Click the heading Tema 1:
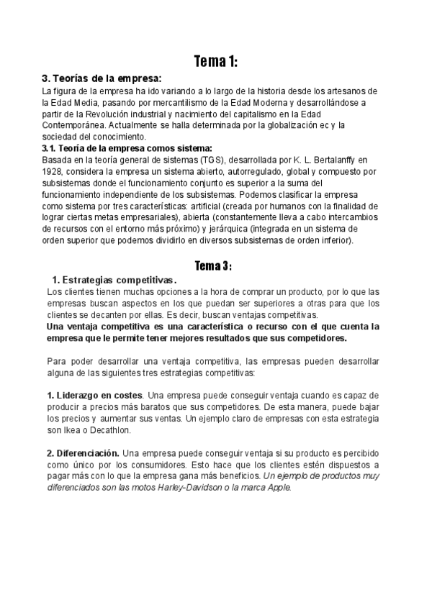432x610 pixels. (215, 62)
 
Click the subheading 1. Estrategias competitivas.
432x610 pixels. (115, 280)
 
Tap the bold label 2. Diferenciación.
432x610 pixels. (83, 454)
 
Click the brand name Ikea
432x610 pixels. (71, 430)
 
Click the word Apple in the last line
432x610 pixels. (278, 488)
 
